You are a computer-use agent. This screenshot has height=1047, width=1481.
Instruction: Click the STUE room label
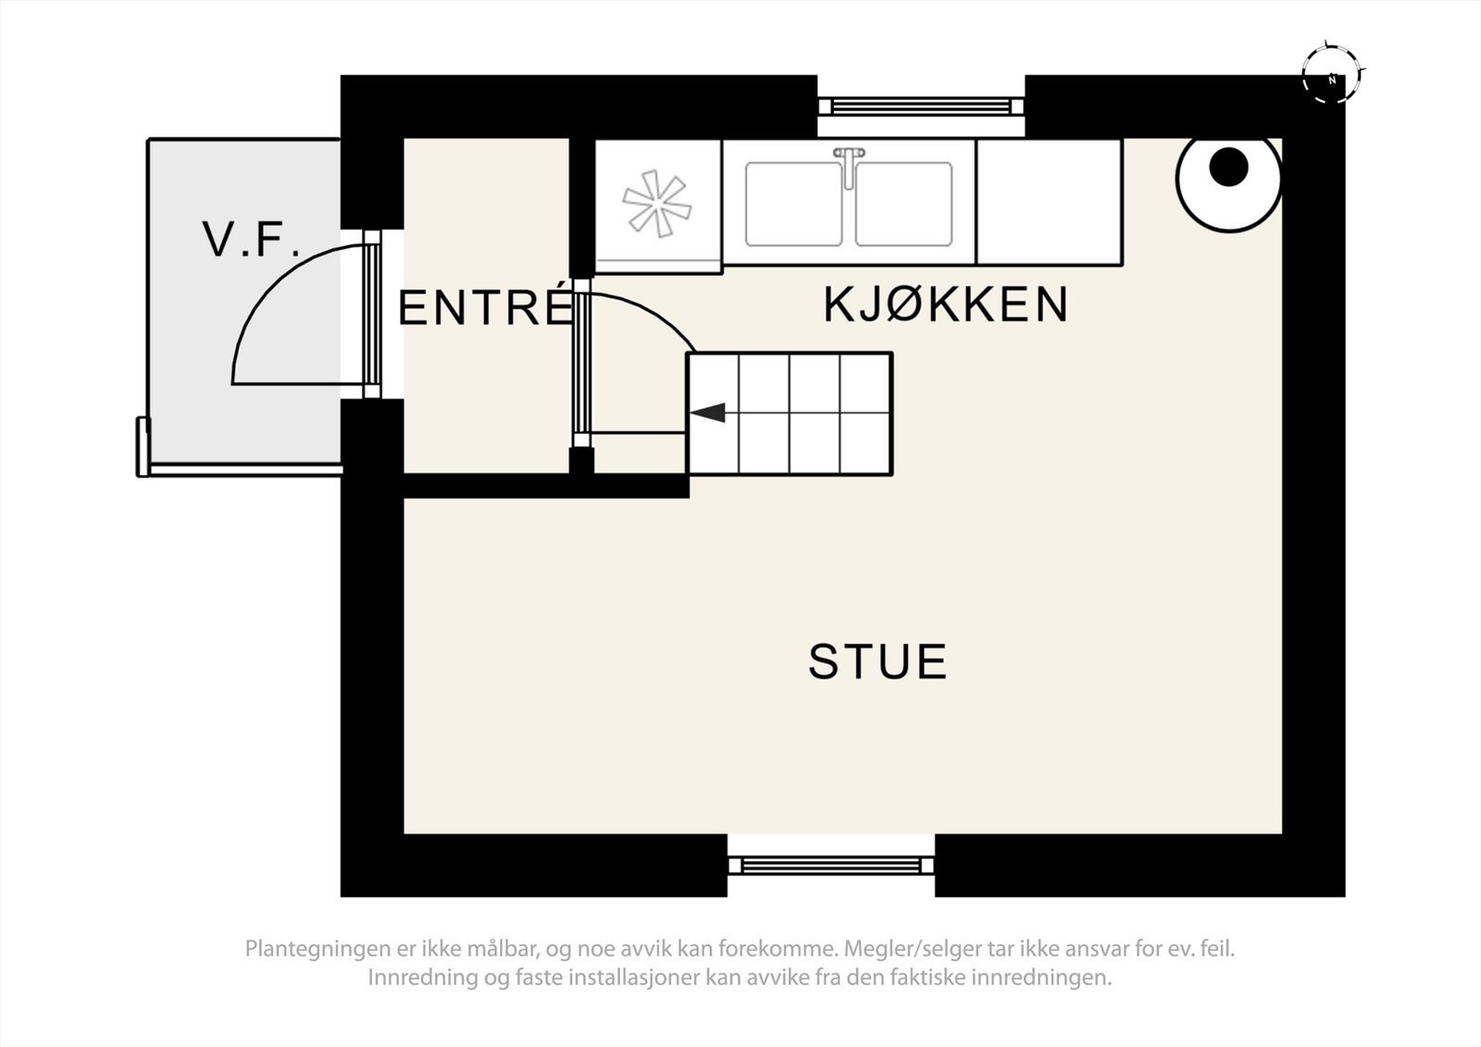[877, 661]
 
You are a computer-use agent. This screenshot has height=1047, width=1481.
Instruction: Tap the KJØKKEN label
[945, 304]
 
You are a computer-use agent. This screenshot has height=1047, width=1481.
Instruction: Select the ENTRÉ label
[484, 308]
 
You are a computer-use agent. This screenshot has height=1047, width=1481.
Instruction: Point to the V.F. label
[252, 240]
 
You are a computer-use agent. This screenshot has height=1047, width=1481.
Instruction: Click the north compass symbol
[1332, 79]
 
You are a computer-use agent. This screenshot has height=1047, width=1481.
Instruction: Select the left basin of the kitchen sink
[793, 204]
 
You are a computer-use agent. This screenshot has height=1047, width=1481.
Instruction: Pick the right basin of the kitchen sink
[903, 204]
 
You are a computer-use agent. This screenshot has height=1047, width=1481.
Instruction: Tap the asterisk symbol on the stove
[656, 203]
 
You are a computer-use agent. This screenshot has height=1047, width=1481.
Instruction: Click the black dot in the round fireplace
[1229, 166]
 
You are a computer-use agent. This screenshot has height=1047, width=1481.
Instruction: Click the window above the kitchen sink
[920, 105]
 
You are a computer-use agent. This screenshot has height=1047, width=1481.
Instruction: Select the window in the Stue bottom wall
[830, 864]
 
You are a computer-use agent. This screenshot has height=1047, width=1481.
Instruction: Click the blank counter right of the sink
[1049, 202]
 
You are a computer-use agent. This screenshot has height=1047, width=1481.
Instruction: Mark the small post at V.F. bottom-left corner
[143, 447]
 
